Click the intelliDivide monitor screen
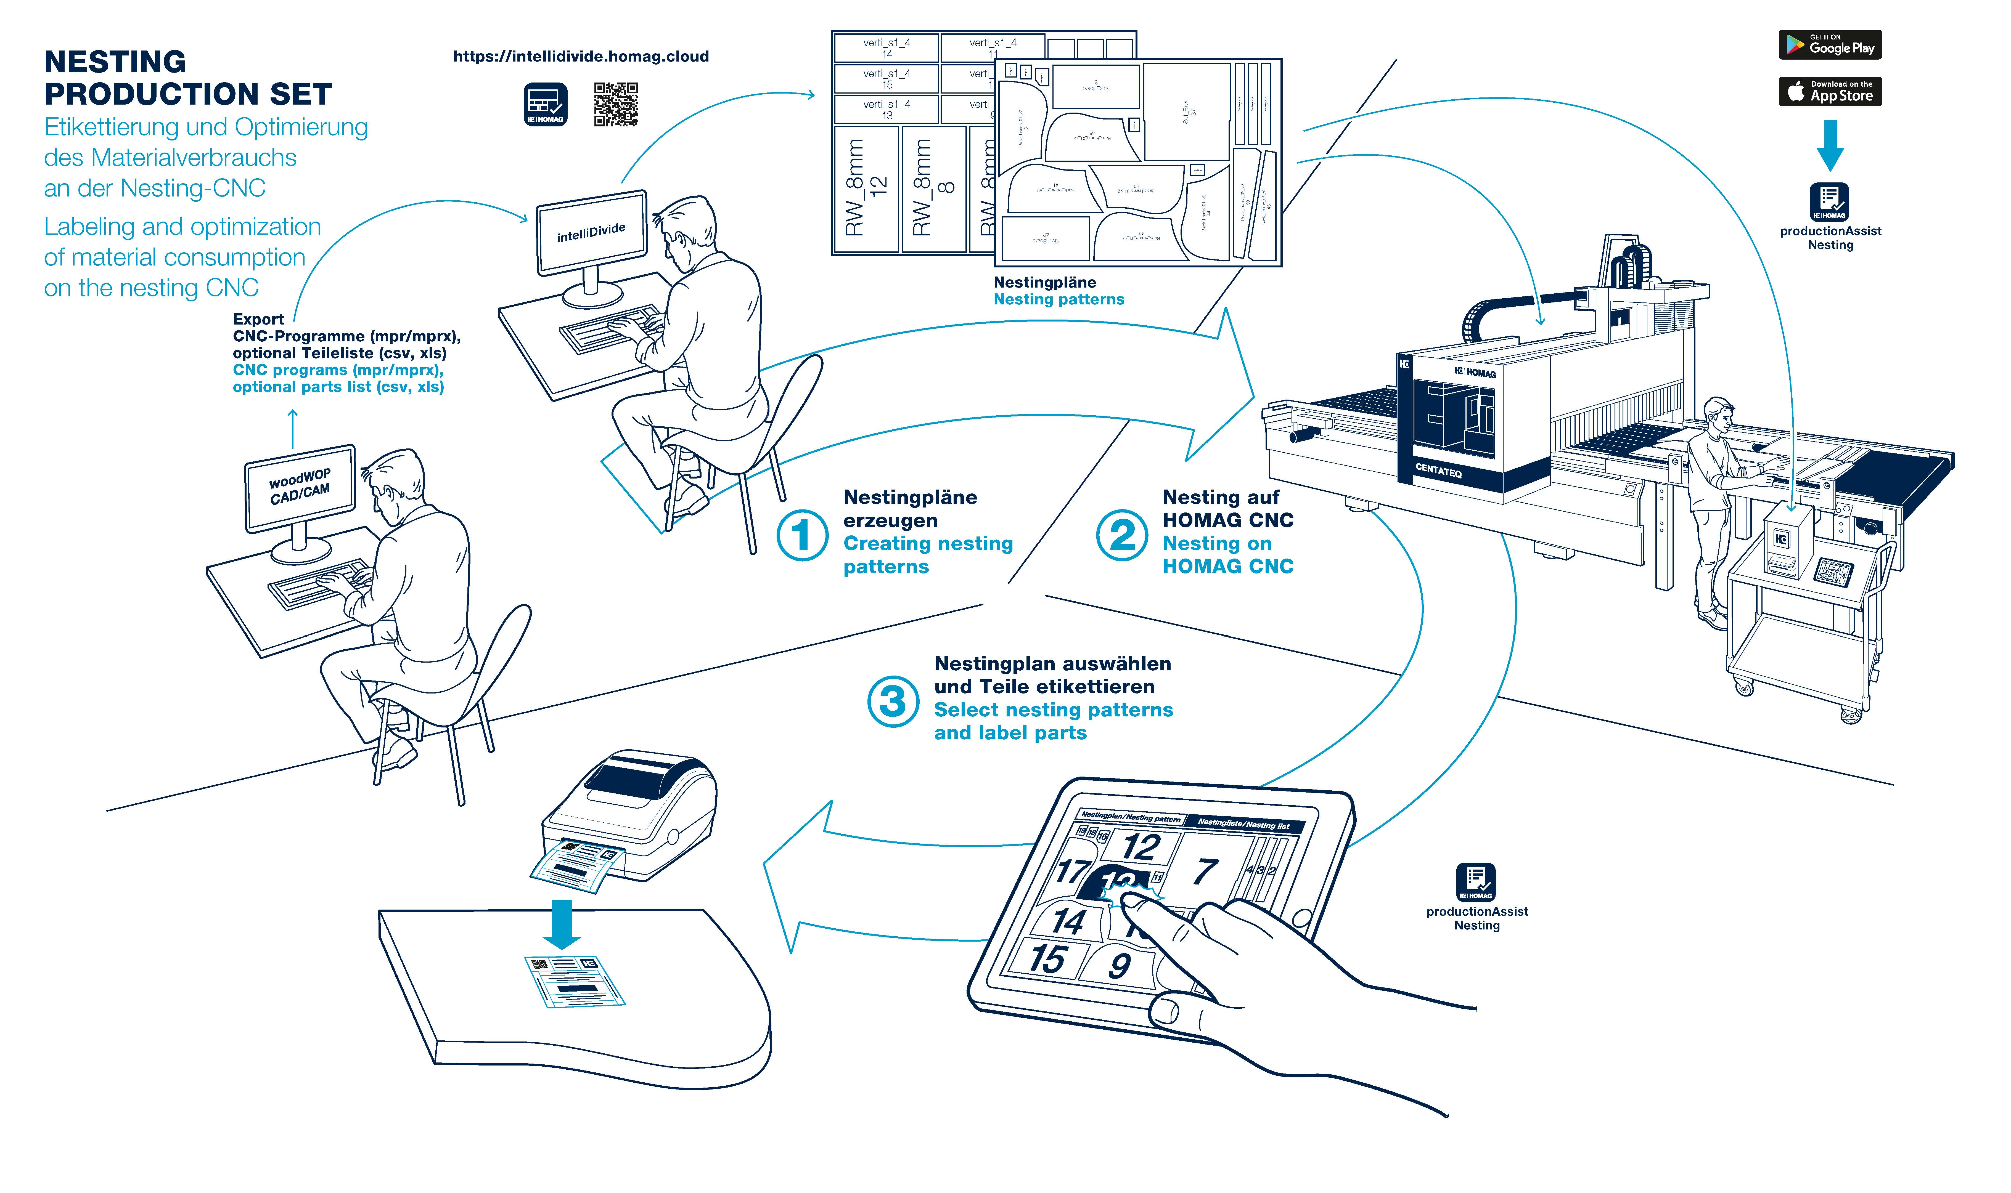click(x=591, y=232)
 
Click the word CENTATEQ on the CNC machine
click(x=1438, y=470)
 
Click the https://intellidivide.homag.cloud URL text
click(x=581, y=56)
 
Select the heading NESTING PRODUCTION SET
click(x=187, y=78)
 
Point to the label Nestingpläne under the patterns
click(x=1044, y=282)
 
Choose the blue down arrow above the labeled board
click(x=561, y=924)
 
